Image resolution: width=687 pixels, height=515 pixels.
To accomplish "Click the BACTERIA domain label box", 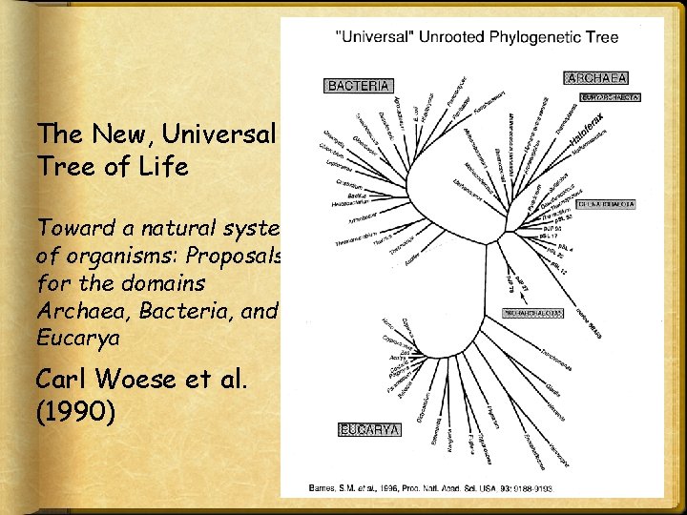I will pos(359,86).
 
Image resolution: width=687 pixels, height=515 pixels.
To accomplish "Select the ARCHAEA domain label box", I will pos(596,77).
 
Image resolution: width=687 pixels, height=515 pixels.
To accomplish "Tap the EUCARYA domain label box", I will pos(371,430).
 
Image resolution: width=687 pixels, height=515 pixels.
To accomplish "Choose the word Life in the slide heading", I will pos(162,167).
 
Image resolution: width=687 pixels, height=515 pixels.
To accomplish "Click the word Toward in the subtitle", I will pos(73,229).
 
